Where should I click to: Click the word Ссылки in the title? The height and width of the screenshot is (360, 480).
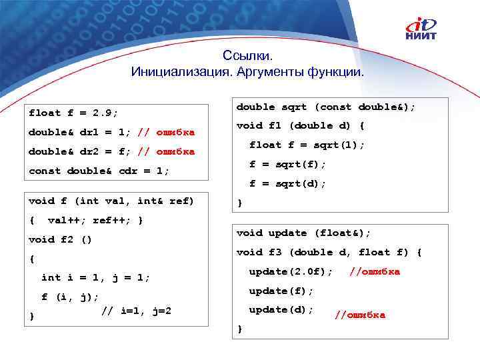click(248, 57)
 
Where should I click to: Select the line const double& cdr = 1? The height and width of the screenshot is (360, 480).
click(99, 171)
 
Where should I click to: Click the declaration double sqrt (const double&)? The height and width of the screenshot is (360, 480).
click(325, 107)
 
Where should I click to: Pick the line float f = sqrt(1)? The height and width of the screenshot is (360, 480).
click(307, 145)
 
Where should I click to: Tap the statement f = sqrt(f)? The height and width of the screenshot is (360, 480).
click(287, 164)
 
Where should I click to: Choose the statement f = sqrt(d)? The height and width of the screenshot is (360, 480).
click(287, 183)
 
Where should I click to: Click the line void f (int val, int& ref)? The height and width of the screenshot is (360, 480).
click(111, 201)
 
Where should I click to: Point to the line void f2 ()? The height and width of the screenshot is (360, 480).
click(60, 239)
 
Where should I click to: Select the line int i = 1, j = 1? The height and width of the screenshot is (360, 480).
click(95, 277)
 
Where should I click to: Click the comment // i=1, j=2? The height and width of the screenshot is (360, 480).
click(136, 310)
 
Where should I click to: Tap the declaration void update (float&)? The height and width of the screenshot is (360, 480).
click(303, 233)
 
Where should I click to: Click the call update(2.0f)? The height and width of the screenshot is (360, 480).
click(291, 271)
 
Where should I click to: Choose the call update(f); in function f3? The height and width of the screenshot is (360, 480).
click(281, 291)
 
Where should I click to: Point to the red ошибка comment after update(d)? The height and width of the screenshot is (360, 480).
click(360, 315)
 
